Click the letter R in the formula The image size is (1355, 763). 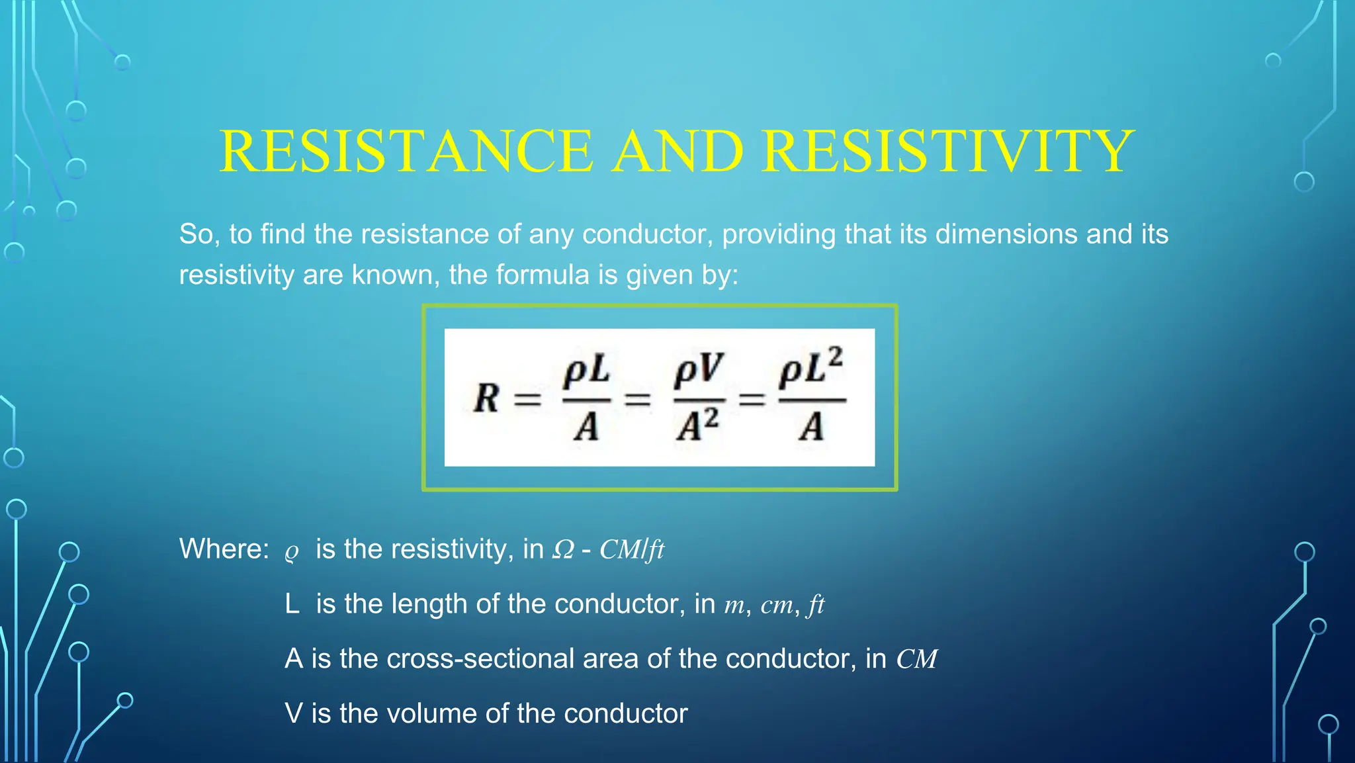[487, 398]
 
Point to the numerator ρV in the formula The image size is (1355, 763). [699, 372]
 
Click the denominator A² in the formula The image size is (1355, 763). [697, 426]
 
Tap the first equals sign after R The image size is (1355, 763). [527, 399]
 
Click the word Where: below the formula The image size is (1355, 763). [224, 549]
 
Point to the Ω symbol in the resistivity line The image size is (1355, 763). [563, 550]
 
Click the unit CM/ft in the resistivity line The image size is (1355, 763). [631, 550]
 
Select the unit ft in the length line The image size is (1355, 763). [816, 605]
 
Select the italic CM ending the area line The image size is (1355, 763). [916, 659]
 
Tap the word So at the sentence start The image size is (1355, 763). [195, 234]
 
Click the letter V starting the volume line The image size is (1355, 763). [293, 714]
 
